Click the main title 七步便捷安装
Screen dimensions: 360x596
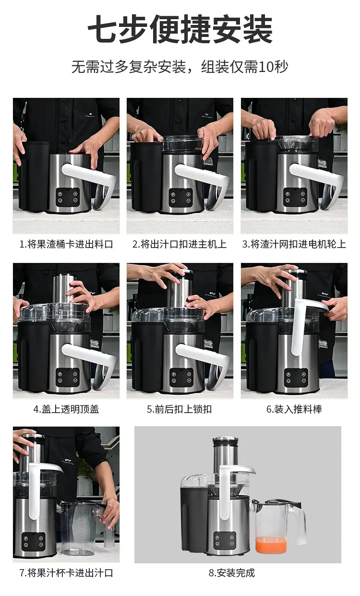(x=180, y=29)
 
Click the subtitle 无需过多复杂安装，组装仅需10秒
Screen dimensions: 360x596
(x=180, y=67)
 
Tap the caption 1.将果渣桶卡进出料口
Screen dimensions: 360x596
(x=66, y=244)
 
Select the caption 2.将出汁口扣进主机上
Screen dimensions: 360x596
(x=180, y=244)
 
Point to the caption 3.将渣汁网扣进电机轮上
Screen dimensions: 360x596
(x=294, y=244)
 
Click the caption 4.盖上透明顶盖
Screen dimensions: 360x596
(x=66, y=409)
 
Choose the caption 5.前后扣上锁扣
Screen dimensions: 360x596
(x=180, y=409)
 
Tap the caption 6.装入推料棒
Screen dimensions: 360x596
(x=294, y=409)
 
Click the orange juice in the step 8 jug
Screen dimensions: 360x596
(x=271, y=544)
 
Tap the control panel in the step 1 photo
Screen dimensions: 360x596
(x=68, y=197)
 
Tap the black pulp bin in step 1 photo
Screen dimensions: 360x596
(x=33, y=177)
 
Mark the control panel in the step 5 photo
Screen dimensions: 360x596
(x=181, y=377)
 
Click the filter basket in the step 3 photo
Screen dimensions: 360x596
(x=296, y=143)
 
